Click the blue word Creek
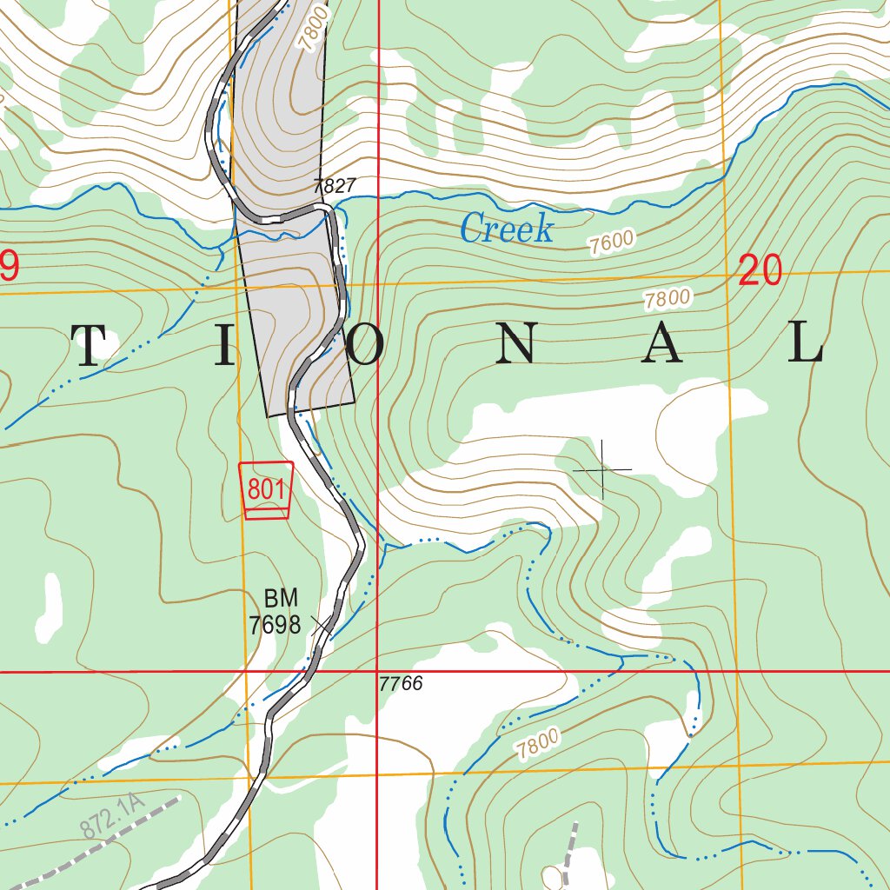[x=506, y=229]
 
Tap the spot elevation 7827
[x=335, y=186]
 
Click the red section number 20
[x=760, y=272]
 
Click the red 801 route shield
[x=266, y=490]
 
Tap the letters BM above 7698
[x=281, y=598]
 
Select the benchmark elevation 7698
[x=275, y=624]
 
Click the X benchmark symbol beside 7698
[x=321, y=625]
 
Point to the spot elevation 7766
[x=401, y=684]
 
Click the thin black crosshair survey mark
[x=602, y=470]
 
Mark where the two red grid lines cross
[x=377, y=672]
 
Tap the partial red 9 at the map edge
[x=8, y=266]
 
